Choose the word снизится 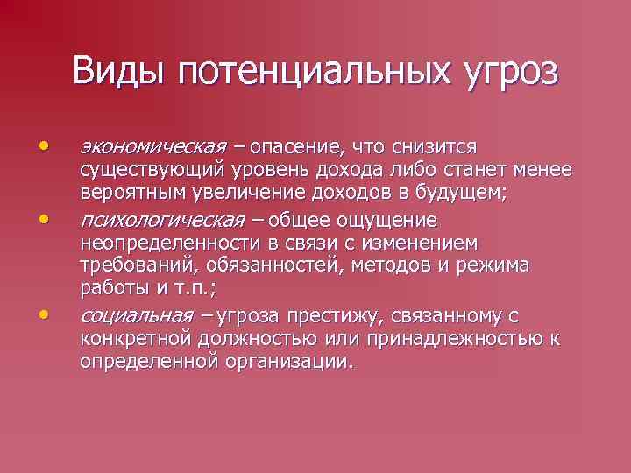point(435,145)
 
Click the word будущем point(465,192)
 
